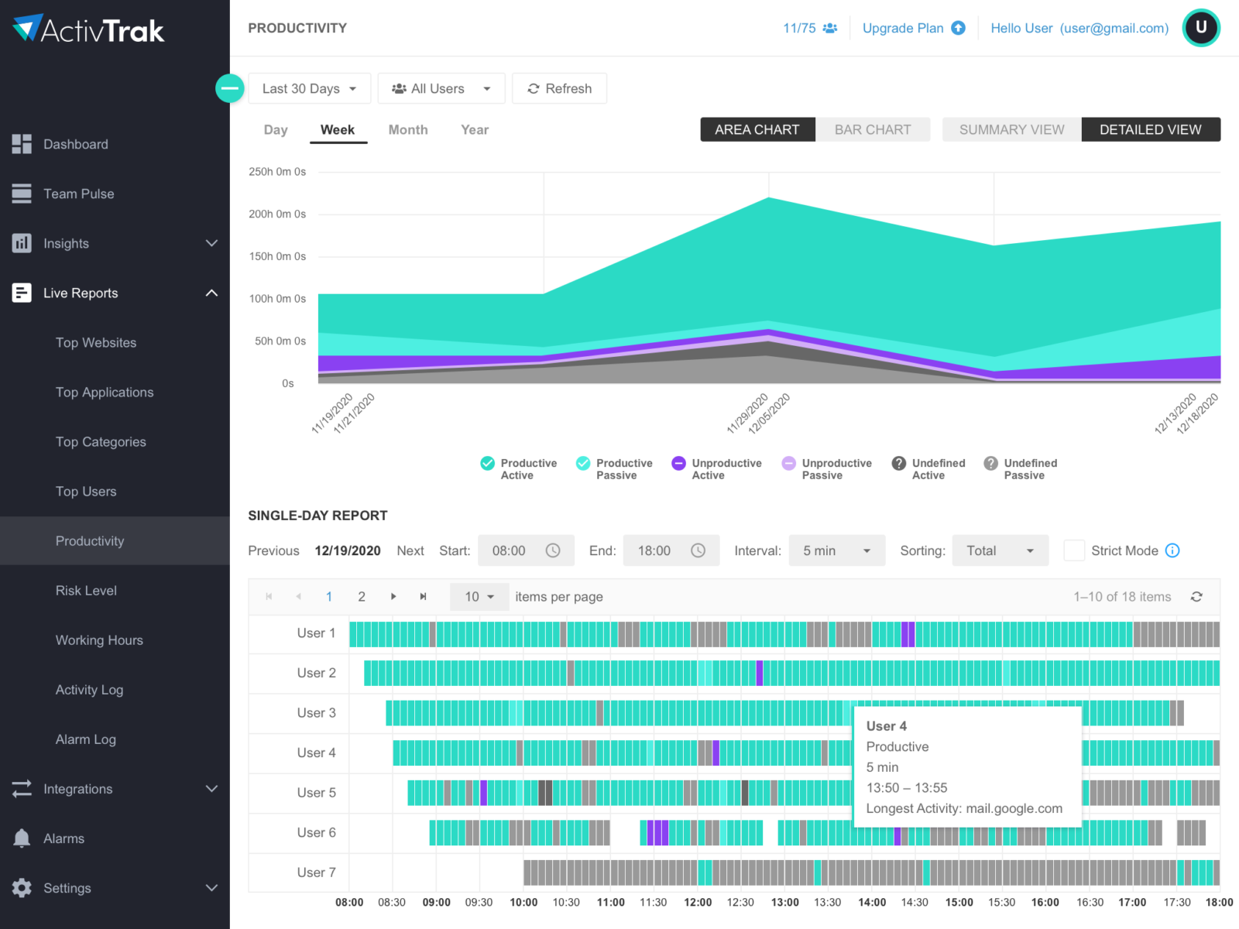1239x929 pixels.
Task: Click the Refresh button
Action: [559, 88]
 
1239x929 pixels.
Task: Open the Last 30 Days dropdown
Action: [309, 88]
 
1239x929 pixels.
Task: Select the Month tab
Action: [407, 130]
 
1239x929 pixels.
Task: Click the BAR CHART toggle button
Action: [872, 130]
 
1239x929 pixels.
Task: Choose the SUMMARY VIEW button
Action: [1011, 130]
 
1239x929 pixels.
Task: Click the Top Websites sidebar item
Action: [96, 343]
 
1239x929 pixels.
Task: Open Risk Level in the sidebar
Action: [86, 591]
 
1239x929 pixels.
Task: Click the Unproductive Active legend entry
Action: [716, 469]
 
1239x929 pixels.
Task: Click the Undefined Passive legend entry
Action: [1021, 469]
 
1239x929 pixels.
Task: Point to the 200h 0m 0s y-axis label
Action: [277, 214]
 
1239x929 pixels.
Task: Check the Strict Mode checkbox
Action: [1073, 550]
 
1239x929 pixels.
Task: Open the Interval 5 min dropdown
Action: [836, 550]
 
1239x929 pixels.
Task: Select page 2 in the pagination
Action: [362, 597]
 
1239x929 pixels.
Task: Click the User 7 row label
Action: [316, 872]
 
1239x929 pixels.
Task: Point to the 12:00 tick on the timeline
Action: [698, 903]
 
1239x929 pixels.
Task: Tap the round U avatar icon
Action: [1200, 28]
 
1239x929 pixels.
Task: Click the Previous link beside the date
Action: [273, 551]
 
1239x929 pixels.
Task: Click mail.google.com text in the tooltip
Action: [1014, 808]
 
